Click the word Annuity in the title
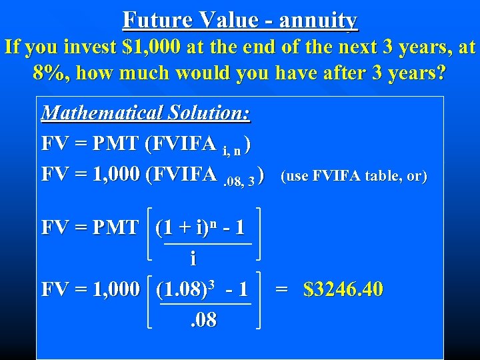coord(319,21)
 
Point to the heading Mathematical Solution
coord(146,111)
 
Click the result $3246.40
coord(343,289)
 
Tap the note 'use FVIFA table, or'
coord(353,176)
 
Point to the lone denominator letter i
coord(193,257)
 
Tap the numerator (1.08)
coord(181,290)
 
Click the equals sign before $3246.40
coord(282,290)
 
